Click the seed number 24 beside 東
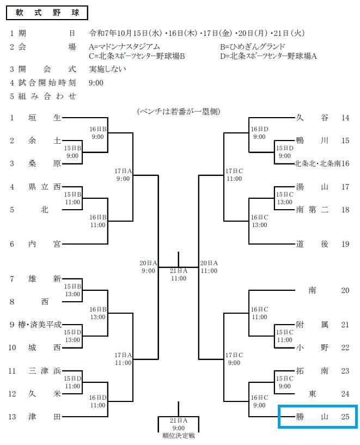point(345,394)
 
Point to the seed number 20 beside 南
point(345,290)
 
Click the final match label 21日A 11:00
point(178,274)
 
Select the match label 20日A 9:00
point(148,266)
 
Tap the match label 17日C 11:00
point(234,174)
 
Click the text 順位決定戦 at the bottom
point(178,436)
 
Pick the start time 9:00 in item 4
point(96,83)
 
